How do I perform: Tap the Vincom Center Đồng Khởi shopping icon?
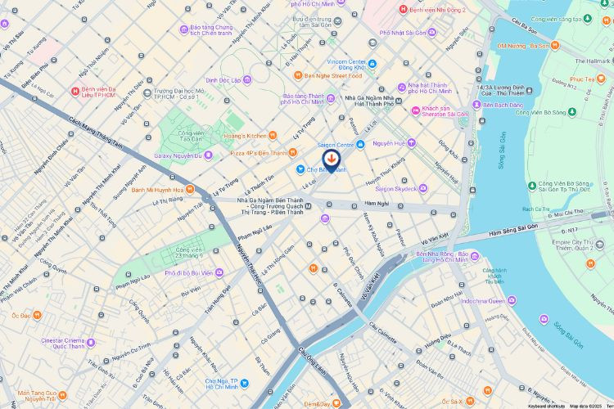(372, 64)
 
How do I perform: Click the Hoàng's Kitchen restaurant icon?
(272, 135)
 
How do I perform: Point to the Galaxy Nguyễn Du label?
(178, 155)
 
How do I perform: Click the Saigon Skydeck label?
(395, 188)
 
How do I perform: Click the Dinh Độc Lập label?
(223, 80)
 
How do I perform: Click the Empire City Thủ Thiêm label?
(572, 245)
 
